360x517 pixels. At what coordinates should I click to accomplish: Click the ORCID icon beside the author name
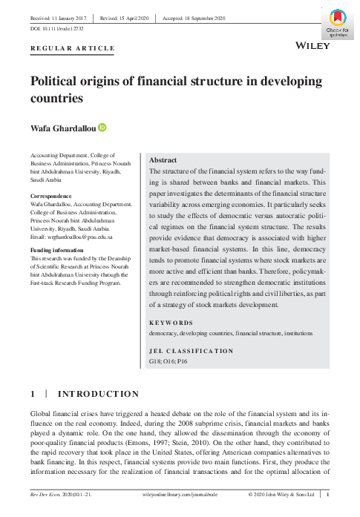pyautogui.click(x=102, y=128)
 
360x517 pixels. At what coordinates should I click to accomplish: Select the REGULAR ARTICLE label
pyautogui.click(x=73, y=49)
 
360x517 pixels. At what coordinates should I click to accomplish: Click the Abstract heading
pyautogui.click(x=163, y=160)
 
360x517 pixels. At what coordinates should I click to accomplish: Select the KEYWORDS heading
pyautogui.click(x=171, y=323)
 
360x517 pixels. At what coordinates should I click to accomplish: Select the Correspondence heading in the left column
pyautogui.click(x=52, y=197)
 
